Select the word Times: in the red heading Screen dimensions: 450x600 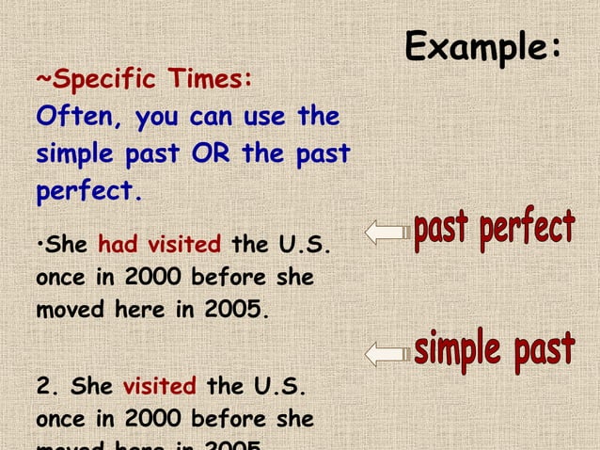point(206,80)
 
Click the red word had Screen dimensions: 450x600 point(118,246)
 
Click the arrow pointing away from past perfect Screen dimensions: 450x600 point(385,232)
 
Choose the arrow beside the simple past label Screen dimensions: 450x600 point(385,353)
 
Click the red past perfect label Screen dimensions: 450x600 point(494,232)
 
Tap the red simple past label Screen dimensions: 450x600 point(494,350)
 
